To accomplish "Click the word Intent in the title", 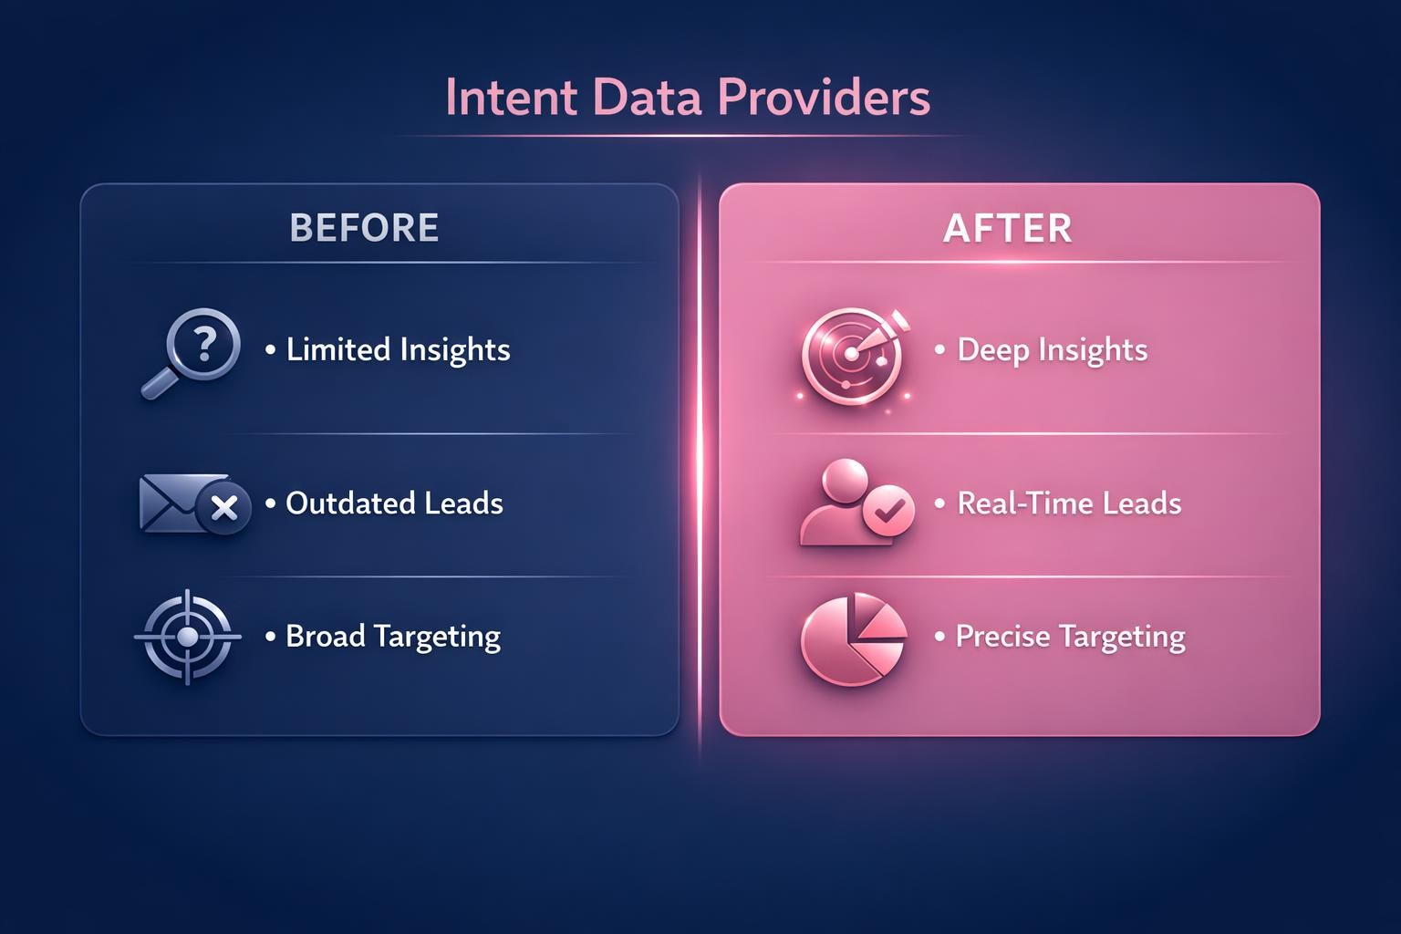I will pyautogui.click(x=511, y=98).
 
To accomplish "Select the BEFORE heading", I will pyautogui.click(x=364, y=228).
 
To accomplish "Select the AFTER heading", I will pyautogui.click(x=1007, y=228).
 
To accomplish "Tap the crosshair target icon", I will pyautogui.click(x=188, y=637).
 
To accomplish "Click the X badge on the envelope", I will pyautogui.click(x=224, y=509).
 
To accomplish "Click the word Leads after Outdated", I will pyautogui.click(x=462, y=503).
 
